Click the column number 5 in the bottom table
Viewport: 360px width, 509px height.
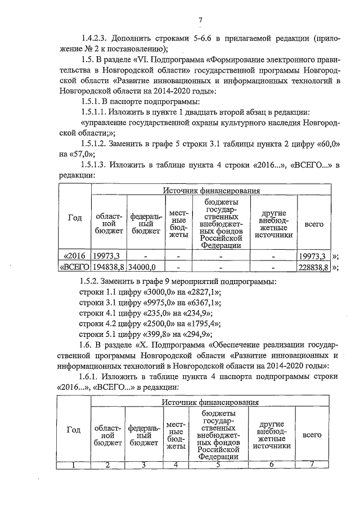[217, 465]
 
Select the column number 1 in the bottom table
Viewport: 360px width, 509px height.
[74, 465]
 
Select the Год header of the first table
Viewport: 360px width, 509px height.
[75, 218]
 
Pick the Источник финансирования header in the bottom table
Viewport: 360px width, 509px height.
[210, 403]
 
